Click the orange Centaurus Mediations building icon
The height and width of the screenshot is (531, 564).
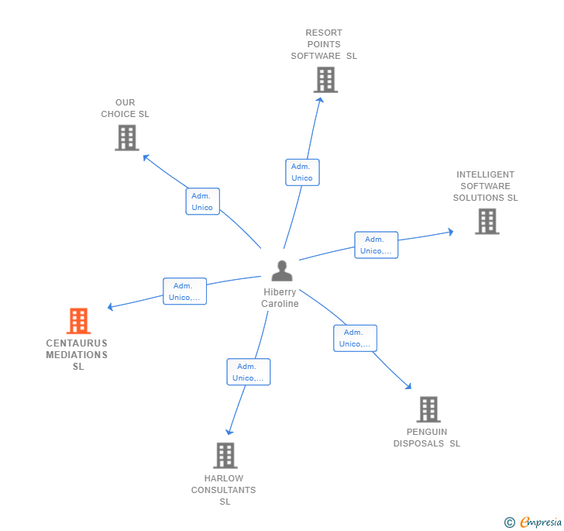78,321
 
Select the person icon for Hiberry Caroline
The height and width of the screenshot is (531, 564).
282,271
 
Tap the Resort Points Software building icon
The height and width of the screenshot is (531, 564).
325,80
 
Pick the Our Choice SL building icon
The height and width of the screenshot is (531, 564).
126,137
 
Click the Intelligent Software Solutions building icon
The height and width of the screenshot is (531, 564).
487,221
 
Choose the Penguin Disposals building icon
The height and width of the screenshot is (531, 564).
428,409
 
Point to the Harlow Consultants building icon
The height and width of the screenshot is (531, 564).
225,455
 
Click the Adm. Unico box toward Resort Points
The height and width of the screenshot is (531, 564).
302,172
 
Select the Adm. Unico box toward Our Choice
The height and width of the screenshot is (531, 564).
202,202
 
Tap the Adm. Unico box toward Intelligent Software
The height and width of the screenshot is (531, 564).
376,245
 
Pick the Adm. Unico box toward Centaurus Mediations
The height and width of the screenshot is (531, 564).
184,291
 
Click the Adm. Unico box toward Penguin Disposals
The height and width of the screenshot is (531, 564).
355,338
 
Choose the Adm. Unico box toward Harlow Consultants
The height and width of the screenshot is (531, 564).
248,372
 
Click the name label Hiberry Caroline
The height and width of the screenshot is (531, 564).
280,298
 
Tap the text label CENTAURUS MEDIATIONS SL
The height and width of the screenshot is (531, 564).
77,355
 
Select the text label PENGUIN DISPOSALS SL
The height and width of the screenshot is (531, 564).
426,438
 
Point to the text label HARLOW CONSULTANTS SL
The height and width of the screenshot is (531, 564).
224,490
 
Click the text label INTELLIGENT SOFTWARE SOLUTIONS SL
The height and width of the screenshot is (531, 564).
486,186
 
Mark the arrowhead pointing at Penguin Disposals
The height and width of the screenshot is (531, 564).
408,386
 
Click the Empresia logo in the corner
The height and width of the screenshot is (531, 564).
534,522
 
